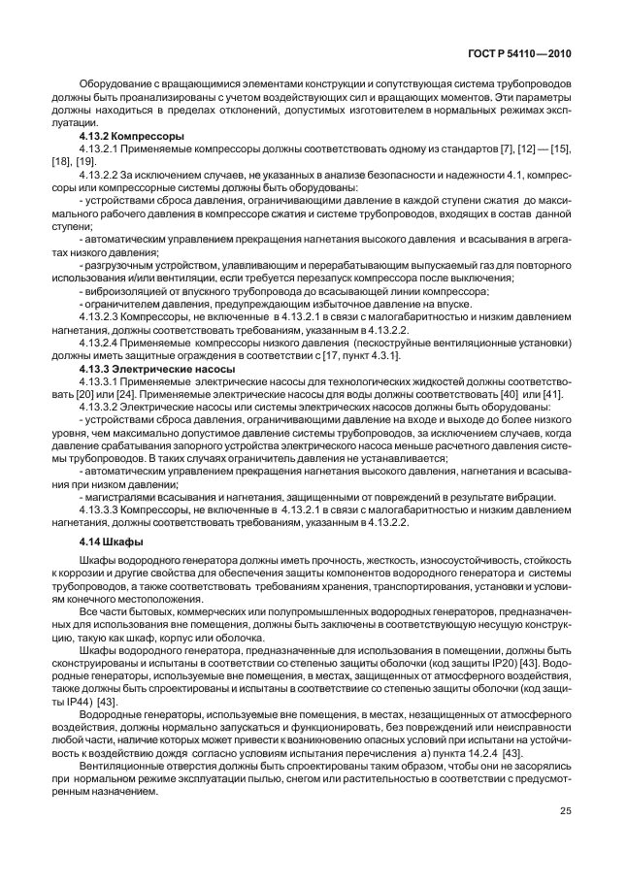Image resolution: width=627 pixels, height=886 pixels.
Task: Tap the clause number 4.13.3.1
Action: pos(101,383)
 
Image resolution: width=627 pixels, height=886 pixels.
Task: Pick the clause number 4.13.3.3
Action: pos(101,508)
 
